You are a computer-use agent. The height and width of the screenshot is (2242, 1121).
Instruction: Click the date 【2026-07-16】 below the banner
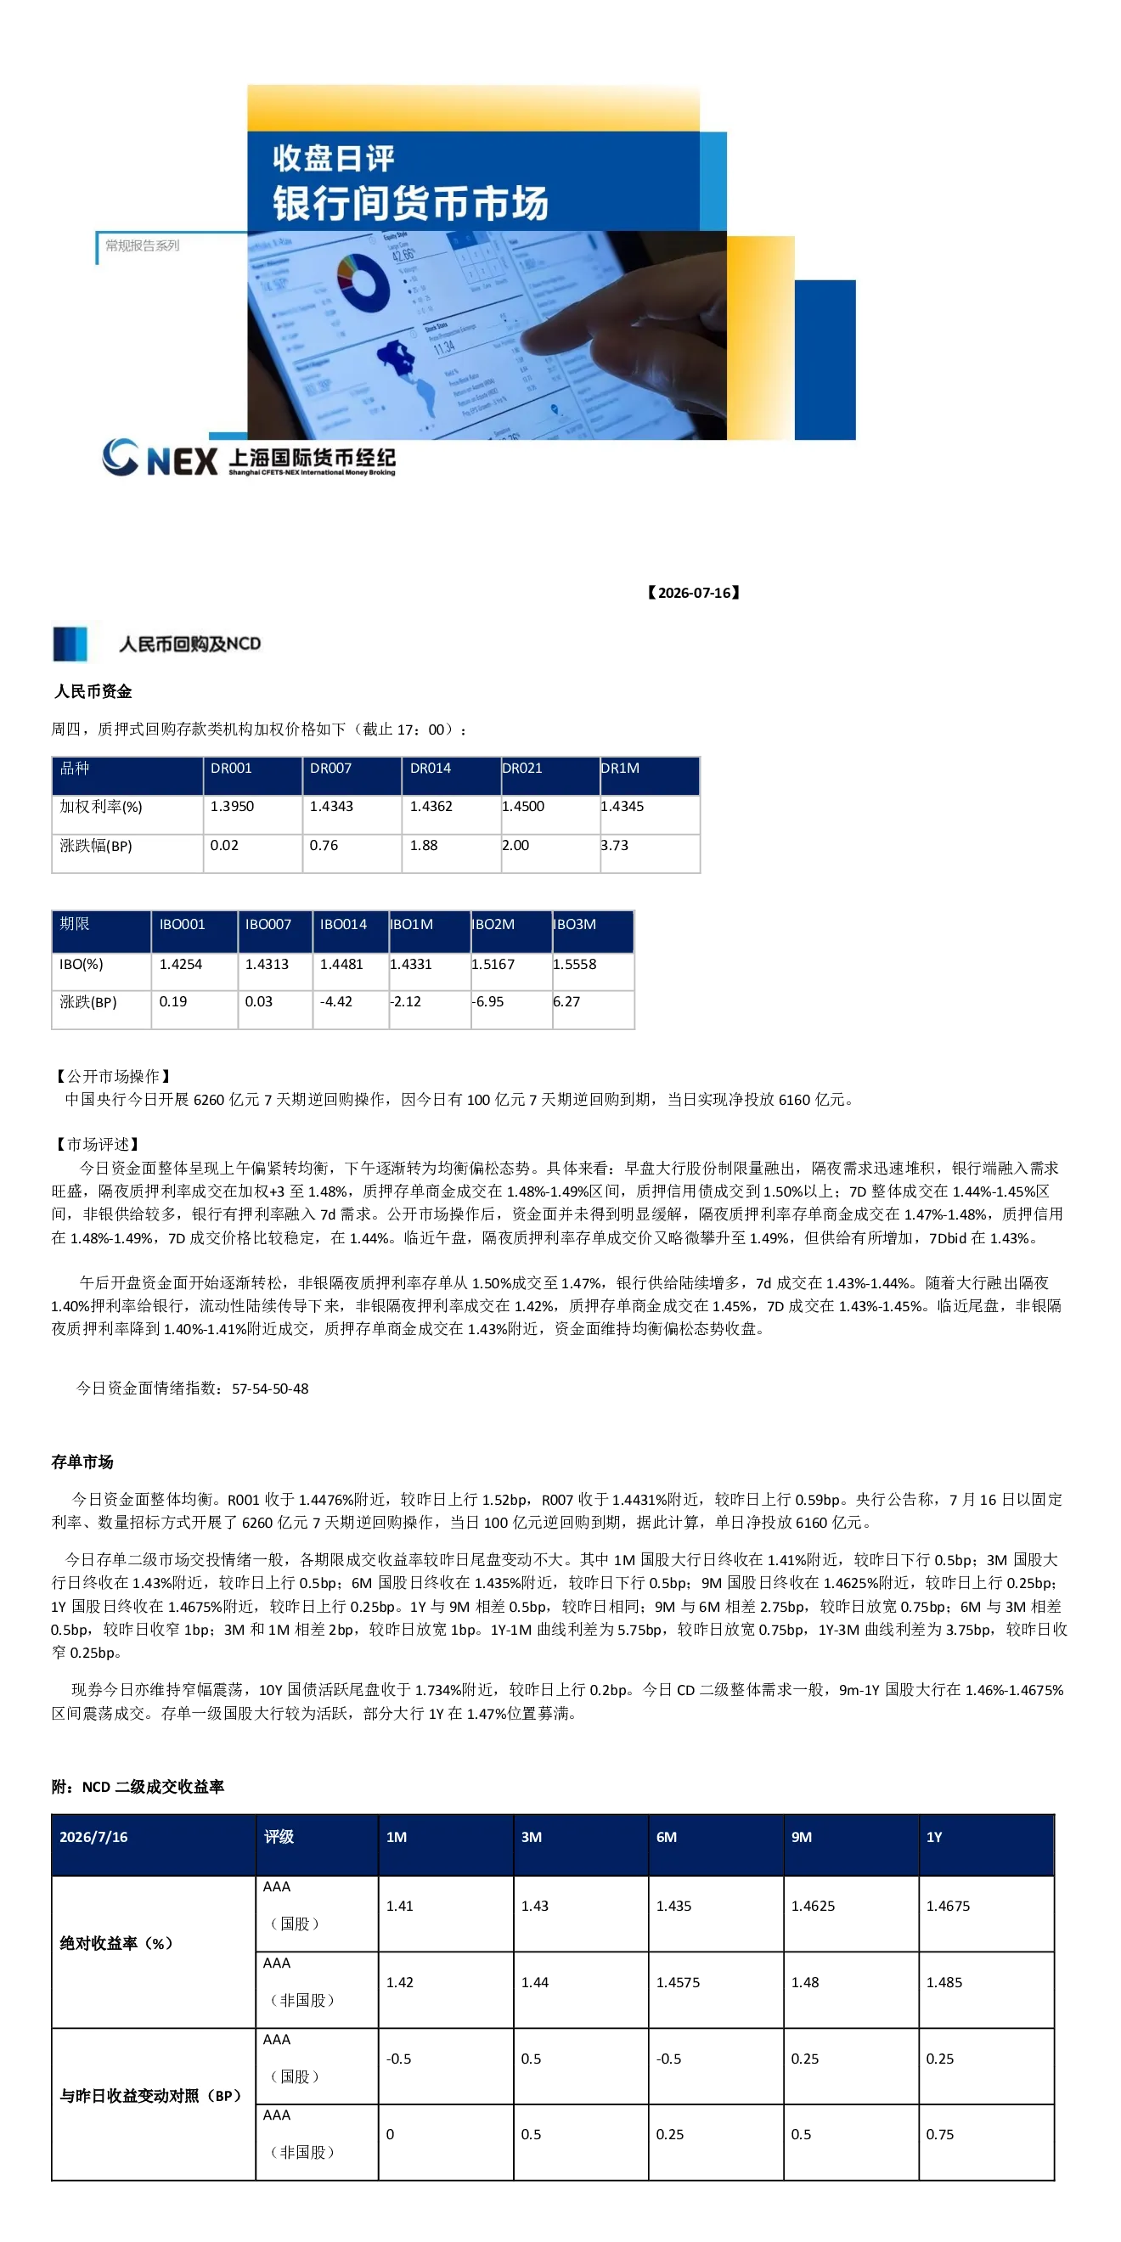coord(693,593)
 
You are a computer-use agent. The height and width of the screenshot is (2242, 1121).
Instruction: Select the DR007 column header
coord(330,768)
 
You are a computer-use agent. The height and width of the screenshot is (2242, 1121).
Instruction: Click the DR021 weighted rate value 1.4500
coord(523,806)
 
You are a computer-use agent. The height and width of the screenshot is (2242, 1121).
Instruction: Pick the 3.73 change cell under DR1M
coord(615,845)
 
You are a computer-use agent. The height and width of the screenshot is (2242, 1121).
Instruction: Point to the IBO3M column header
coord(574,923)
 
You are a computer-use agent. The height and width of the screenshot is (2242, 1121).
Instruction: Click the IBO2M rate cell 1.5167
coord(493,964)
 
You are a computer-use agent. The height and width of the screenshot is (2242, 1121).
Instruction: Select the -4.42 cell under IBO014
coord(336,1001)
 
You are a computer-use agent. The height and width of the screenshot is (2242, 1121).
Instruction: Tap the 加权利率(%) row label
coord(101,807)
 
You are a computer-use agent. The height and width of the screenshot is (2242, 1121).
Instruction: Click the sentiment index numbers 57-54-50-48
coord(270,1389)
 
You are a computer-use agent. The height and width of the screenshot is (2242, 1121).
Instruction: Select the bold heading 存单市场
coord(82,1462)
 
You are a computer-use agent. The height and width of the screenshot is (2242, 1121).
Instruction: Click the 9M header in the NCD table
coord(802,1836)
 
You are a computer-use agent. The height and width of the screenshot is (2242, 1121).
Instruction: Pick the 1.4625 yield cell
coord(813,1905)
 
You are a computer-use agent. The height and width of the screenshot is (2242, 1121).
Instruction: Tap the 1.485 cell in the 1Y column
coord(944,1982)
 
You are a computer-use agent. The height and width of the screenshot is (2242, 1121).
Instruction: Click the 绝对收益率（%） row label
coord(115,1942)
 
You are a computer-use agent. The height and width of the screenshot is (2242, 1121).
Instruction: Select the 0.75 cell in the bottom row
coord(940,2134)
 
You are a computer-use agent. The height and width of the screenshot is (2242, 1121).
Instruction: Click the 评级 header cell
coord(279,1836)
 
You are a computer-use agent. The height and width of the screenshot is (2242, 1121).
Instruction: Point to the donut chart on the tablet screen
coord(363,282)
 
